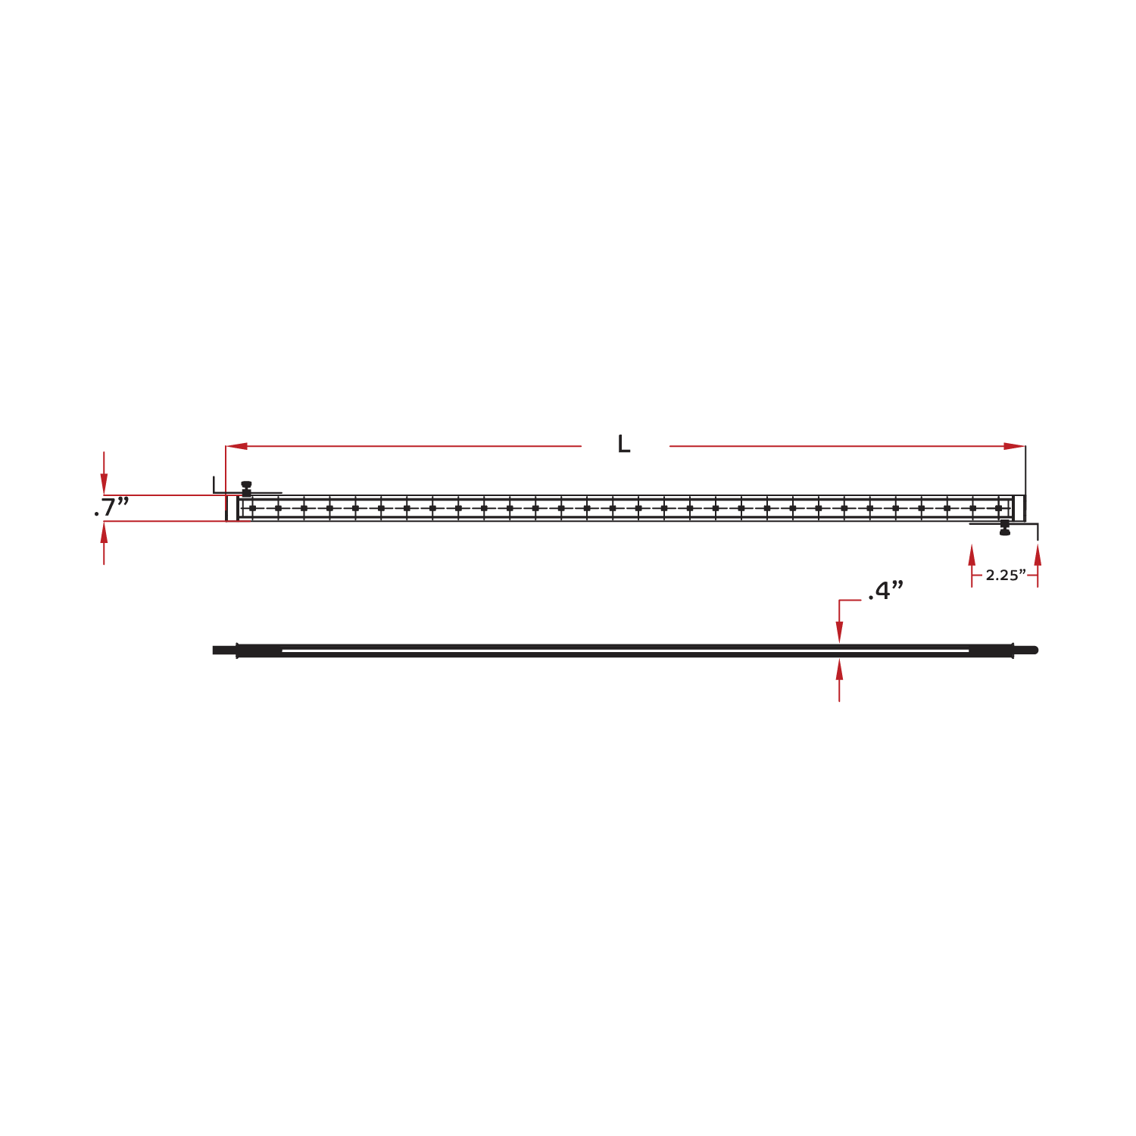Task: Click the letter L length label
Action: [623, 444]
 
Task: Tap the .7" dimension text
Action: [111, 507]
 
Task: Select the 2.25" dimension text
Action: [1006, 575]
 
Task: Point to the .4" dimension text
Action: [886, 590]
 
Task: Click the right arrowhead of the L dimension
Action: [1014, 446]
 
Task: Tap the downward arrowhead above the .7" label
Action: [104, 484]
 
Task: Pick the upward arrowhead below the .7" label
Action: [104, 533]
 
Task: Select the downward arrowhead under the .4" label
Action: [839, 632]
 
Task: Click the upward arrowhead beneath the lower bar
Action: [839, 669]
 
